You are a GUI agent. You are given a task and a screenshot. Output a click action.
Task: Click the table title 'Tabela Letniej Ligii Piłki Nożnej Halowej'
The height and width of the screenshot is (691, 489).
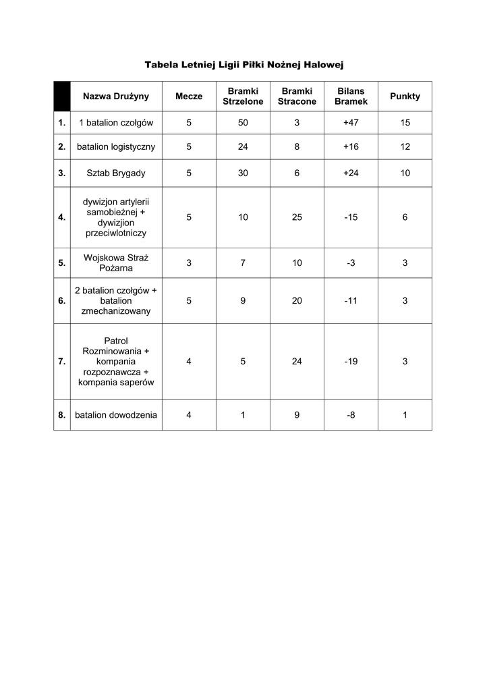pos(244,65)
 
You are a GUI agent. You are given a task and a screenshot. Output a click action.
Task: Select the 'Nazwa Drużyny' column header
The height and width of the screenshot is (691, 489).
pos(116,96)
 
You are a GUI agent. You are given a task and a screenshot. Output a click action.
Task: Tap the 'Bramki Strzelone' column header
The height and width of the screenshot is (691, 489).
pos(243,96)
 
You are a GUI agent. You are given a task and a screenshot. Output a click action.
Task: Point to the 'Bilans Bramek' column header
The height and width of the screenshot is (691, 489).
pos(351,96)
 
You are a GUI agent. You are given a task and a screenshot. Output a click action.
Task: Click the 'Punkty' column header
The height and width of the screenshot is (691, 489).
pos(405,96)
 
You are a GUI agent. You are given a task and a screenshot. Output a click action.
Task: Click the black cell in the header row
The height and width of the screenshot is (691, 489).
pos(62,96)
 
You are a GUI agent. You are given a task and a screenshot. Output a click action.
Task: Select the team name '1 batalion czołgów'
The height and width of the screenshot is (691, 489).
pos(116,123)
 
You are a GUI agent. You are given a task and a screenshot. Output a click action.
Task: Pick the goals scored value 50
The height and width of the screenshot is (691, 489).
pos(243,123)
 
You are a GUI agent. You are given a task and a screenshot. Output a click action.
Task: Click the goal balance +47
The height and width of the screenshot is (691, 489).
pos(351,123)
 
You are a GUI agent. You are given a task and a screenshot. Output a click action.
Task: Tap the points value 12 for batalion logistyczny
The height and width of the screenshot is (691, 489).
pos(405,146)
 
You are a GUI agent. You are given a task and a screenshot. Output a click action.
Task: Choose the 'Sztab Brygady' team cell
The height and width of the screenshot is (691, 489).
pos(116,173)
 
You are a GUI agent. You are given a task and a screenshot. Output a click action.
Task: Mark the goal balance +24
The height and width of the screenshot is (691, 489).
pos(351,173)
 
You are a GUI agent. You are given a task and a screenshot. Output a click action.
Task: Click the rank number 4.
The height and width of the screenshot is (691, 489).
pos(62,217)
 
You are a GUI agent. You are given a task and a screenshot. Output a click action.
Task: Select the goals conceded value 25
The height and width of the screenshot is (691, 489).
pos(297,217)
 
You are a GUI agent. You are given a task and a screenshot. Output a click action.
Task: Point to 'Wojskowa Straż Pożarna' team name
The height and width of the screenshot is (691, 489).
pos(116,263)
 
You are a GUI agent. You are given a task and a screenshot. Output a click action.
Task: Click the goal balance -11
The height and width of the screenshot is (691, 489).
pos(351,301)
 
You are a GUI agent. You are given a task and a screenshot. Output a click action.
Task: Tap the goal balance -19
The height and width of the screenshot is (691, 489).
pos(351,362)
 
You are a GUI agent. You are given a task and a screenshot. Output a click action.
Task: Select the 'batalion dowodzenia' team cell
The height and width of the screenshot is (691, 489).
pos(116,416)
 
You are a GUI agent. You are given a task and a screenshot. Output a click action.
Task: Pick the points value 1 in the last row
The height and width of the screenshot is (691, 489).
pos(405,416)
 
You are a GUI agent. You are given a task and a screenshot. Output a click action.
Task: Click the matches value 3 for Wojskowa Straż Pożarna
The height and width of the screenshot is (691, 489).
pos(189,263)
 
